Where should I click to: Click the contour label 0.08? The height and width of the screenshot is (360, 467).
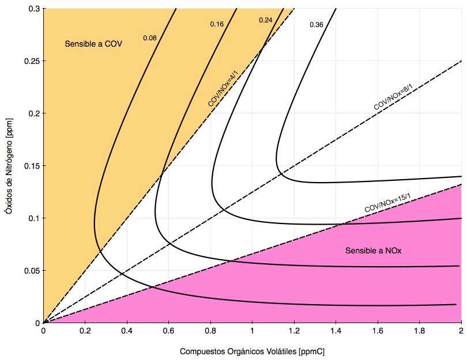pyautogui.click(x=150, y=38)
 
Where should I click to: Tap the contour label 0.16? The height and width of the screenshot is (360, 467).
pyautogui.click(x=217, y=24)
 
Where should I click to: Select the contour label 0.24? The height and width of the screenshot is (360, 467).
pyautogui.click(x=266, y=20)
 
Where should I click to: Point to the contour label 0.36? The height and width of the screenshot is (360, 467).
pyautogui.click(x=317, y=25)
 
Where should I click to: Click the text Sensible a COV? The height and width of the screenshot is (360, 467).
pyautogui.click(x=93, y=44)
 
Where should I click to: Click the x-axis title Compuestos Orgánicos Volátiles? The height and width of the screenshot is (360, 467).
pyautogui.click(x=257, y=351)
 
